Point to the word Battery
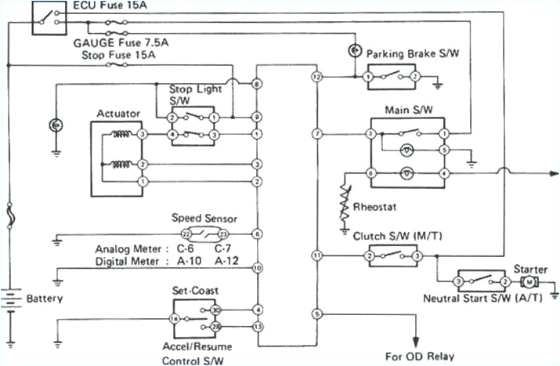click(x=45, y=299)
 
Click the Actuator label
click(x=118, y=114)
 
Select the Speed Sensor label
click(x=204, y=219)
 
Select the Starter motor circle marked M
click(x=529, y=281)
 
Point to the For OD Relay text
click(x=419, y=356)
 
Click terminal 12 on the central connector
click(x=316, y=78)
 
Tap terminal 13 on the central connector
click(x=258, y=326)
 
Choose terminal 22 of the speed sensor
click(x=186, y=234)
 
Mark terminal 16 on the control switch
click(x=175, y=319)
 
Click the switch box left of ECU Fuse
click(x=49, y=18)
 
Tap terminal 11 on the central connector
click(x=316, y=255)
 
